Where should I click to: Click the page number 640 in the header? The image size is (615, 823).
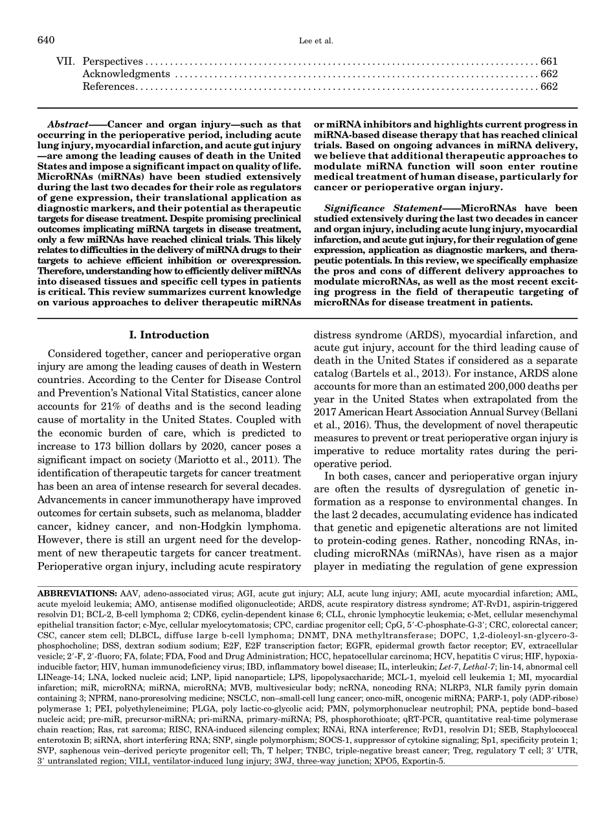tap(47, 41)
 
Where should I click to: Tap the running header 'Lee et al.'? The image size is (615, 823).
tap(307, 41)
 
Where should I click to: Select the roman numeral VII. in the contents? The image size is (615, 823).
tap(65, 62)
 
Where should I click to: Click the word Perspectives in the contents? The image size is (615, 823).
tap(113, 62)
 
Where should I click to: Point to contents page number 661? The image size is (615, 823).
tap(549, 62)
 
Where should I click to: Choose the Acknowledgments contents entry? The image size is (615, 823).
tap(126, 74)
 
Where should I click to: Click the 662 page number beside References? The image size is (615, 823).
tap(549, 87)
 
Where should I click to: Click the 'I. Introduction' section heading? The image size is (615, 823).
tap(175, 335)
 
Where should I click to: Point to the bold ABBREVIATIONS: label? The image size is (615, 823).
tap(77, 593)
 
